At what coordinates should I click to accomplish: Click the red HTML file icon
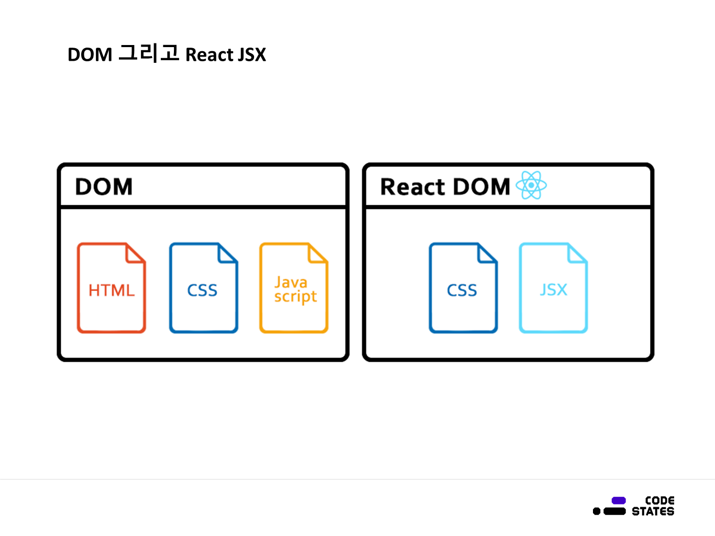pyautogui.click(x=111, y=288)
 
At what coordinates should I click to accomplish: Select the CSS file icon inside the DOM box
pyautogui.click(x=203, y=288)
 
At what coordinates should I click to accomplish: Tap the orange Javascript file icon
pyautogui.click(x=293, y=288)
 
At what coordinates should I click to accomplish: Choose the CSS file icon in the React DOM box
pyautogui.click(x=463, y=288)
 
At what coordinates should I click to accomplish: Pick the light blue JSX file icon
pyautogui.click(x=553, y=288)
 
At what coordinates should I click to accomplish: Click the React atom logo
pyautogui.click(x=531, y=185)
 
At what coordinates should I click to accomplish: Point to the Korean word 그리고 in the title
pyautogui.click(x=149, y=53)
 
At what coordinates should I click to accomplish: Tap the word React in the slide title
pyautogui.click(x=209, y=54)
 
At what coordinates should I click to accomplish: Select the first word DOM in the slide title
pyautogui.click(x=90, y=54)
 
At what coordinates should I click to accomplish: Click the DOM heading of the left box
pyautogui.click(x=104, y=187)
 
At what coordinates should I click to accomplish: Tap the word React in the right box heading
pyautogui.click(x=412, y=187)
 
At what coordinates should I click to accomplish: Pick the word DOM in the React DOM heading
pyautogui.click(x=481, y=187)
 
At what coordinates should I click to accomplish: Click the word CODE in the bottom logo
pyautogui.click(x=659, y=500)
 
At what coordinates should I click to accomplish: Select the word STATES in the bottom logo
pyautogui.click(x=653, y=511)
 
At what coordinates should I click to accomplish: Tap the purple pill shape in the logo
pyautogui.click(x=619, y=500)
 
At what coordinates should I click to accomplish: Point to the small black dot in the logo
pyautogui.click(x=597, y=511)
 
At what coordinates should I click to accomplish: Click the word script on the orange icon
pyautogui.click(x=295, y=297)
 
